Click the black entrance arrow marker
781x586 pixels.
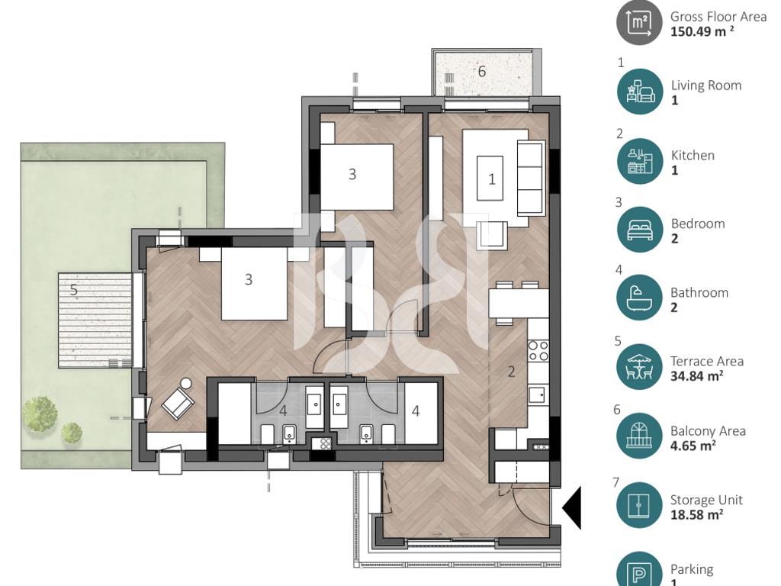572,508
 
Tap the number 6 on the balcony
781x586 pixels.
482,71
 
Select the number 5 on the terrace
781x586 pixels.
74,289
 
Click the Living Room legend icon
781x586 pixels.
640,92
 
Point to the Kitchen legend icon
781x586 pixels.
640,162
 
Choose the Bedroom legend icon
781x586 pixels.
640,230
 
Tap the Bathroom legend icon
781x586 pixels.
640,298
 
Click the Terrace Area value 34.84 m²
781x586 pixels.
697,375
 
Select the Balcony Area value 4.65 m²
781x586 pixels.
693,445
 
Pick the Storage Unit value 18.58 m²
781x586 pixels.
697,514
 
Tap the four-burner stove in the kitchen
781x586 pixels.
538,350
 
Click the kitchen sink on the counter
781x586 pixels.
537,394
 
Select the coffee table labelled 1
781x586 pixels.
490,178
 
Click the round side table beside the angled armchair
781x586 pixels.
186,385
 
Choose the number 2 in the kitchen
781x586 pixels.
511,372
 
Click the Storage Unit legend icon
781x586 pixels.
640,505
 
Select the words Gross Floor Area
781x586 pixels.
718,17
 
